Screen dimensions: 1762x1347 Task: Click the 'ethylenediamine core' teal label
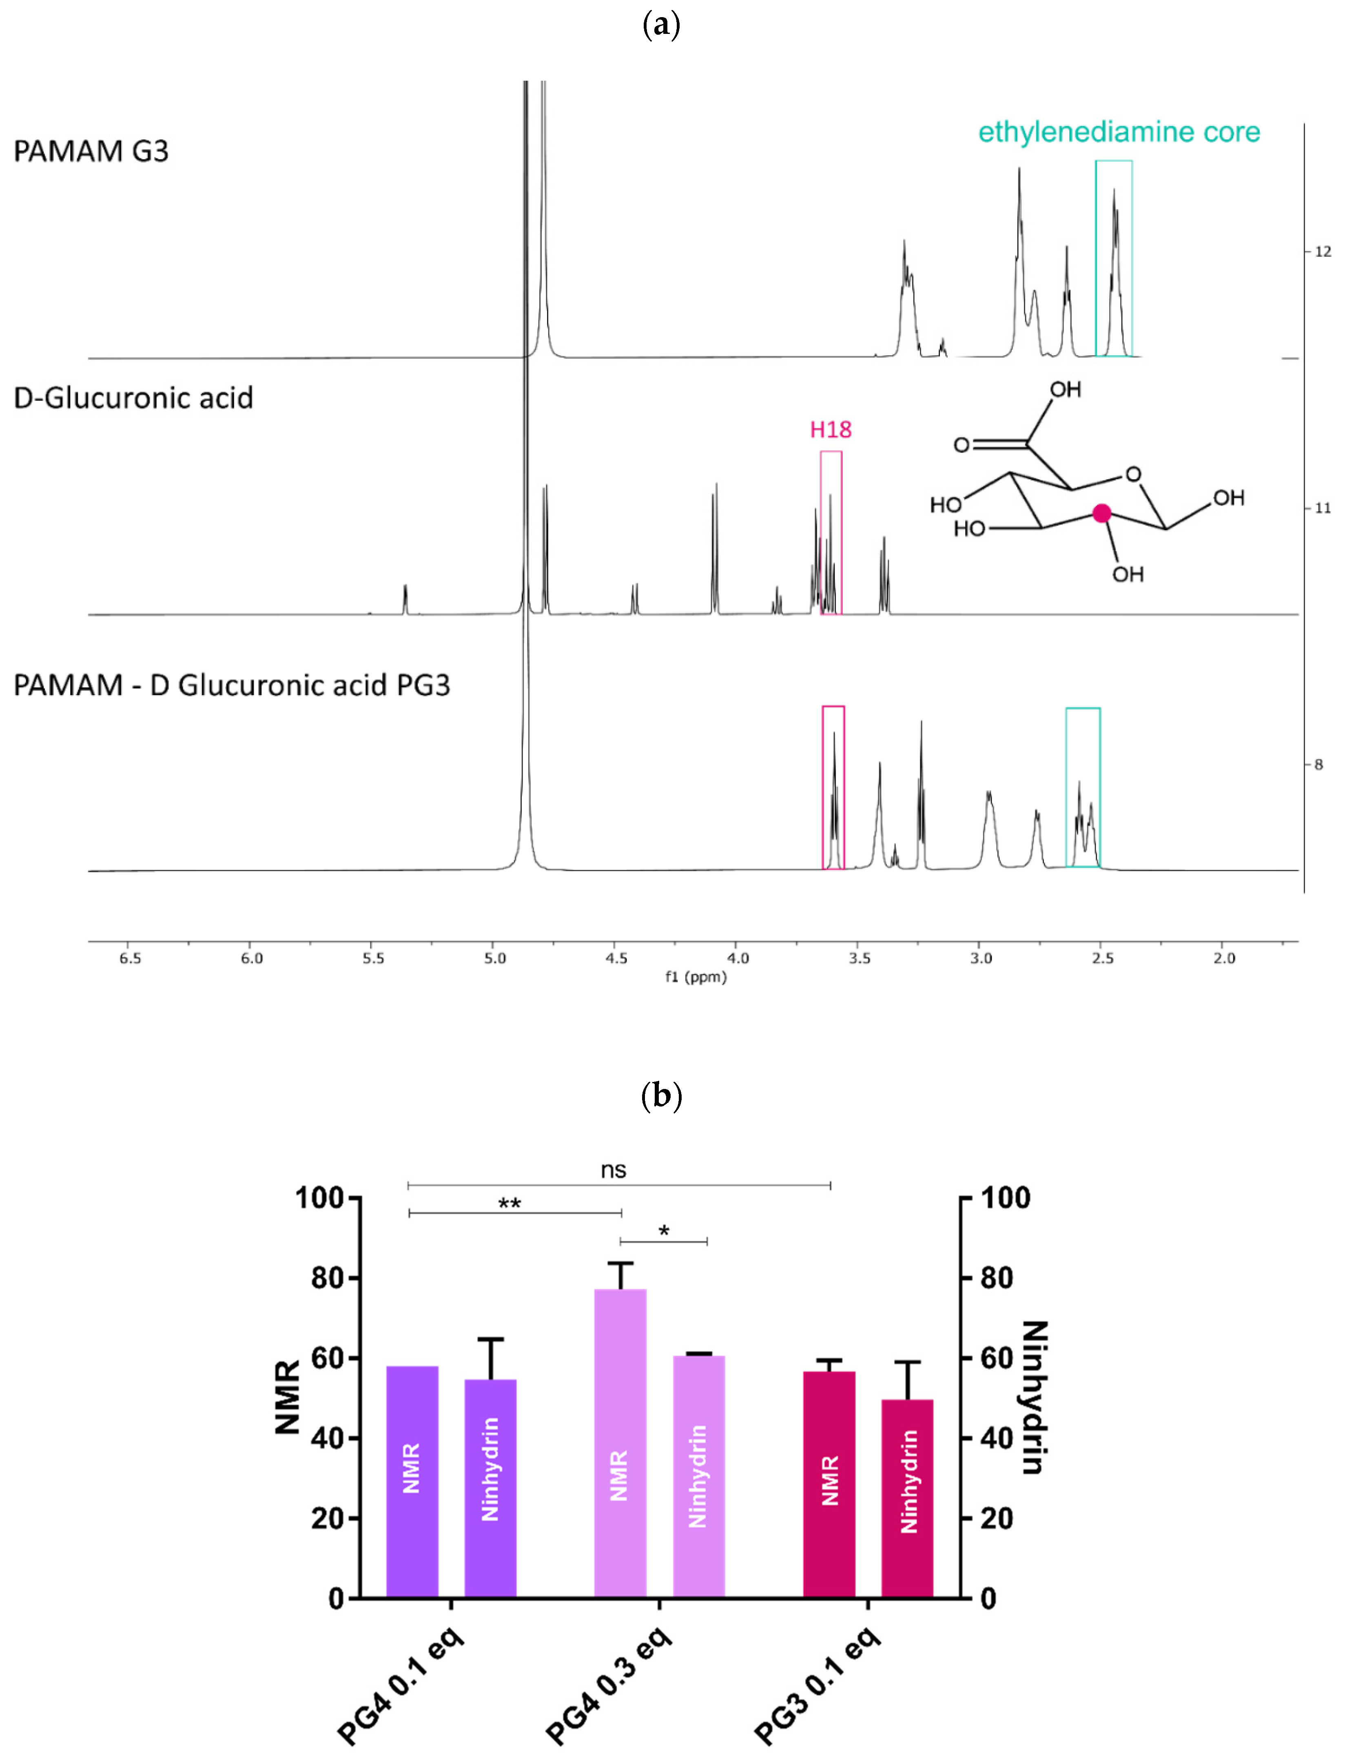pyautogui.click(x=1119, y=132)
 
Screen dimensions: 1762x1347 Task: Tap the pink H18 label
pyautogui.click(x=831, y=430)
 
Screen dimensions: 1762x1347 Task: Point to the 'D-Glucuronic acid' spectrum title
pyautogui.click(x=133, y=398)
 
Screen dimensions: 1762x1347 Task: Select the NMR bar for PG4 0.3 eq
pyautogui.click(x=620, y=1444)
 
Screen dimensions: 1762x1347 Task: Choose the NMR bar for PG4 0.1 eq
pyautogui.click(x=412, y=1484)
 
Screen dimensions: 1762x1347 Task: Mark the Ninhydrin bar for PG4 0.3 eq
pyautogui.click(x=698, y=1476)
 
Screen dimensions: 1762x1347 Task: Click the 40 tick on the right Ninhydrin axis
pyautogui.click(x=997, y=1438)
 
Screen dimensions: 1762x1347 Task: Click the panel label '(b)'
pyautogui.click(x=662, y=1095)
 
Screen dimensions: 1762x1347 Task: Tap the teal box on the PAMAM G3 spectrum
pyautogui.click(x=1114, y=258)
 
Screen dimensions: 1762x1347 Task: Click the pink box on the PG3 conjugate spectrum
pyautogui.click(x=833, y=787)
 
